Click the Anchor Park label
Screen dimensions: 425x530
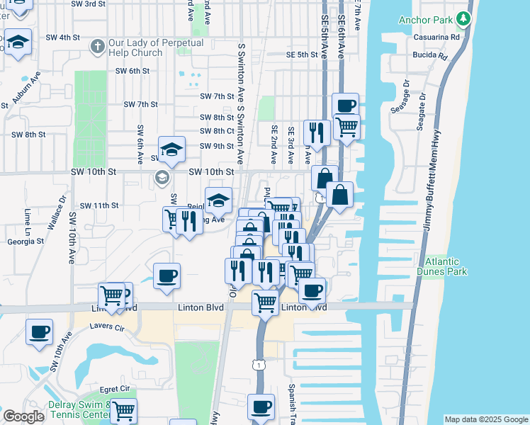pyautogui.click(x=424, y=20)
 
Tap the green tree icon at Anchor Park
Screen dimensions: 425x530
pyautogui.click(x=463, y=18)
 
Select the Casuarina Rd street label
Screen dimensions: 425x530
pyautogui.click(x=429, y=37)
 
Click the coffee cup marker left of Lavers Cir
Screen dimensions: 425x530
pyautogui.click(x=39, y=331)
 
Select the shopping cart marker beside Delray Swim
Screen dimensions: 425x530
pyautogui.click(x=123, y=410)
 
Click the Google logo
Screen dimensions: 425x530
pyautogui.click(x=23, y=416)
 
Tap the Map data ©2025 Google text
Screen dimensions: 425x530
pyautogui.click(x=486, y=419)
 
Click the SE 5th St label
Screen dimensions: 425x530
pyautogui.click(x=302, y=55)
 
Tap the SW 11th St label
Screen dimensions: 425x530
pyautogui.click(x=98, y=205)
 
